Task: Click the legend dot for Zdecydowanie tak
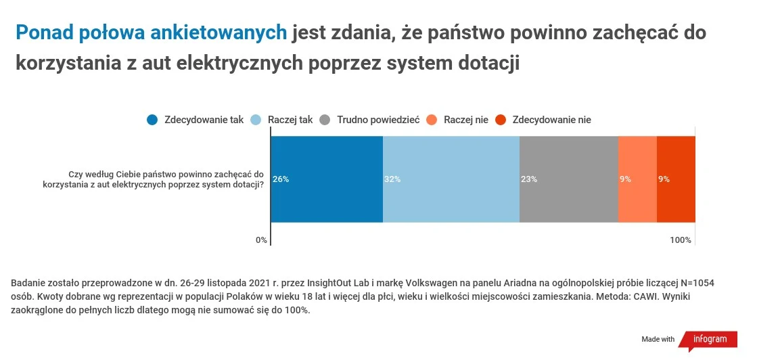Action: tap(152, 120)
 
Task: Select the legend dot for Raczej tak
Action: tap(256, 120)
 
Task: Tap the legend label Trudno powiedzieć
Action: tap(378, 120)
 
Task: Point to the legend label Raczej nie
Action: tap(466, 120)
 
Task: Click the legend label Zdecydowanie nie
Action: tap(552, 120)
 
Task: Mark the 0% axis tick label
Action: tap(261, 240)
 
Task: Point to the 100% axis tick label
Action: tap(681, 240)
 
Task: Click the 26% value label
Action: tap(281, 179)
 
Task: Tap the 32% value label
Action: tap(392, 179)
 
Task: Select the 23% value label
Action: tap(529, 179)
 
